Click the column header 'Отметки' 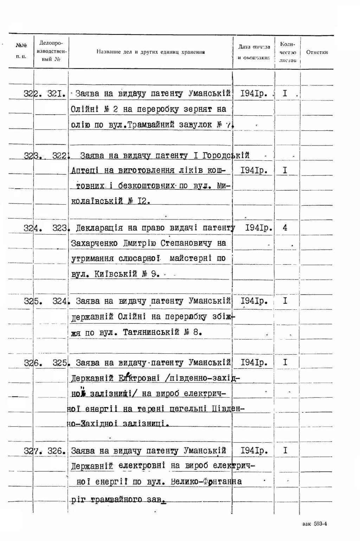tap(317, 52)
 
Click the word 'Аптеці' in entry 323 tap(85, 171)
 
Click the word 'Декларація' tap(99, 228)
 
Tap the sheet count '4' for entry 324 tap(285, 228)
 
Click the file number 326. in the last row tap(57, 451)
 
